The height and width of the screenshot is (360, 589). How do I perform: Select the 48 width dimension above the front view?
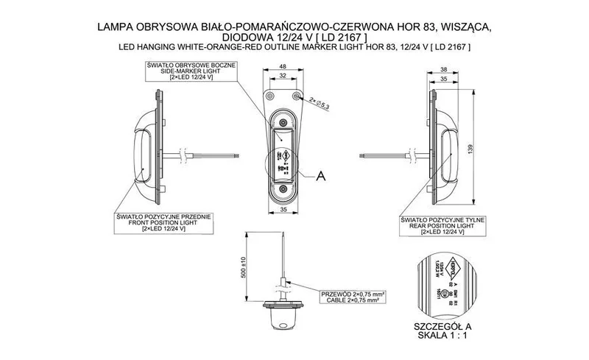pyautogui.click(x=283, y=66)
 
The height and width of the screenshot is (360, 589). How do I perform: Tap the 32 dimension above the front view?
pyautogui.click(x=283, y=77)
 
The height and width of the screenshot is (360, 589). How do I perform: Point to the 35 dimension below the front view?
pyautogui.click(x=283, y=211)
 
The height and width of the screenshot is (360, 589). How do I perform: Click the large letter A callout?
pyautogui.click(x=320, y=175)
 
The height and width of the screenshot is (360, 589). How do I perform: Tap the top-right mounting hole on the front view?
pyautogui.click(x=296, y=97)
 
